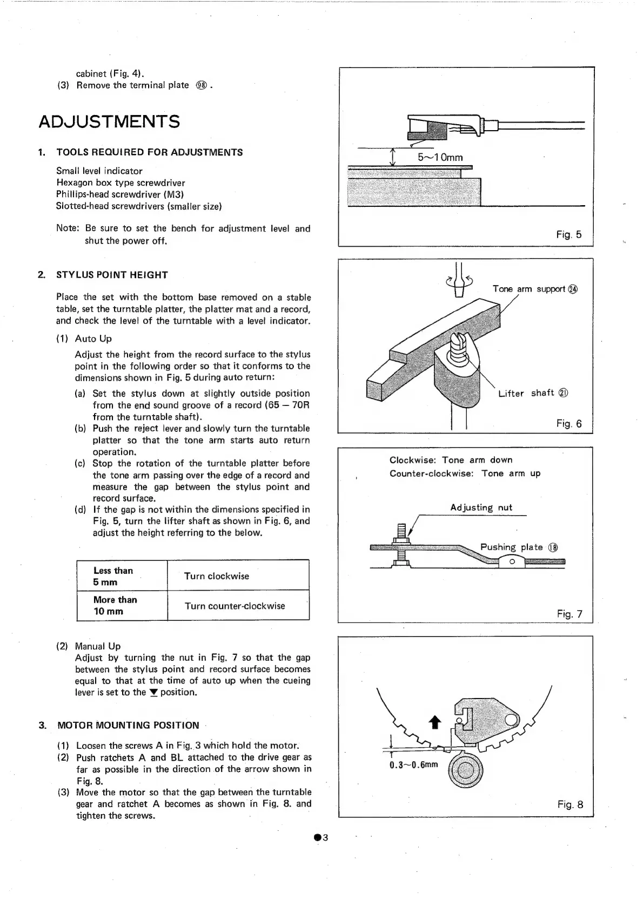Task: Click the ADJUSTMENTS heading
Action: click(x=109, y=121)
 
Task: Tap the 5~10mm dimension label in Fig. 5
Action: click(x=440, y=157)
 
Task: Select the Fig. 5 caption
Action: click(x=569, y=234)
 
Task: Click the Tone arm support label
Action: click(x=535, y=289)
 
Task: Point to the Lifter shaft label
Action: click(x=533, y=393)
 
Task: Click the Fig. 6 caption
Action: click(x=569, y=423)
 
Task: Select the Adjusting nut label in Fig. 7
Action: click(x=481, y=507)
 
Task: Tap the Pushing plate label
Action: click(x=519, y=547)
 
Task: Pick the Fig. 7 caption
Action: click(x=570, y=614)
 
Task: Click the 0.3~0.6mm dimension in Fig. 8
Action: click(x=414, y=764)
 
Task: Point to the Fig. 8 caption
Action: click(x=570, y=804)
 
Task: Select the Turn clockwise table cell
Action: click(x=217, y=576)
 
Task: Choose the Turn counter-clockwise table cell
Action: click(x=235, y=606)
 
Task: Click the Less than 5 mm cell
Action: click(x=113, y=576)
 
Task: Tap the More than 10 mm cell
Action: click(x=115, y=605)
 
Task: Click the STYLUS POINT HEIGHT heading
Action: click(x=112, y=275)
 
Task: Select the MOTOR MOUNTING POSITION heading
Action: click(x=128, y=725)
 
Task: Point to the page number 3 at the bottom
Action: click(x=321, y=838)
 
